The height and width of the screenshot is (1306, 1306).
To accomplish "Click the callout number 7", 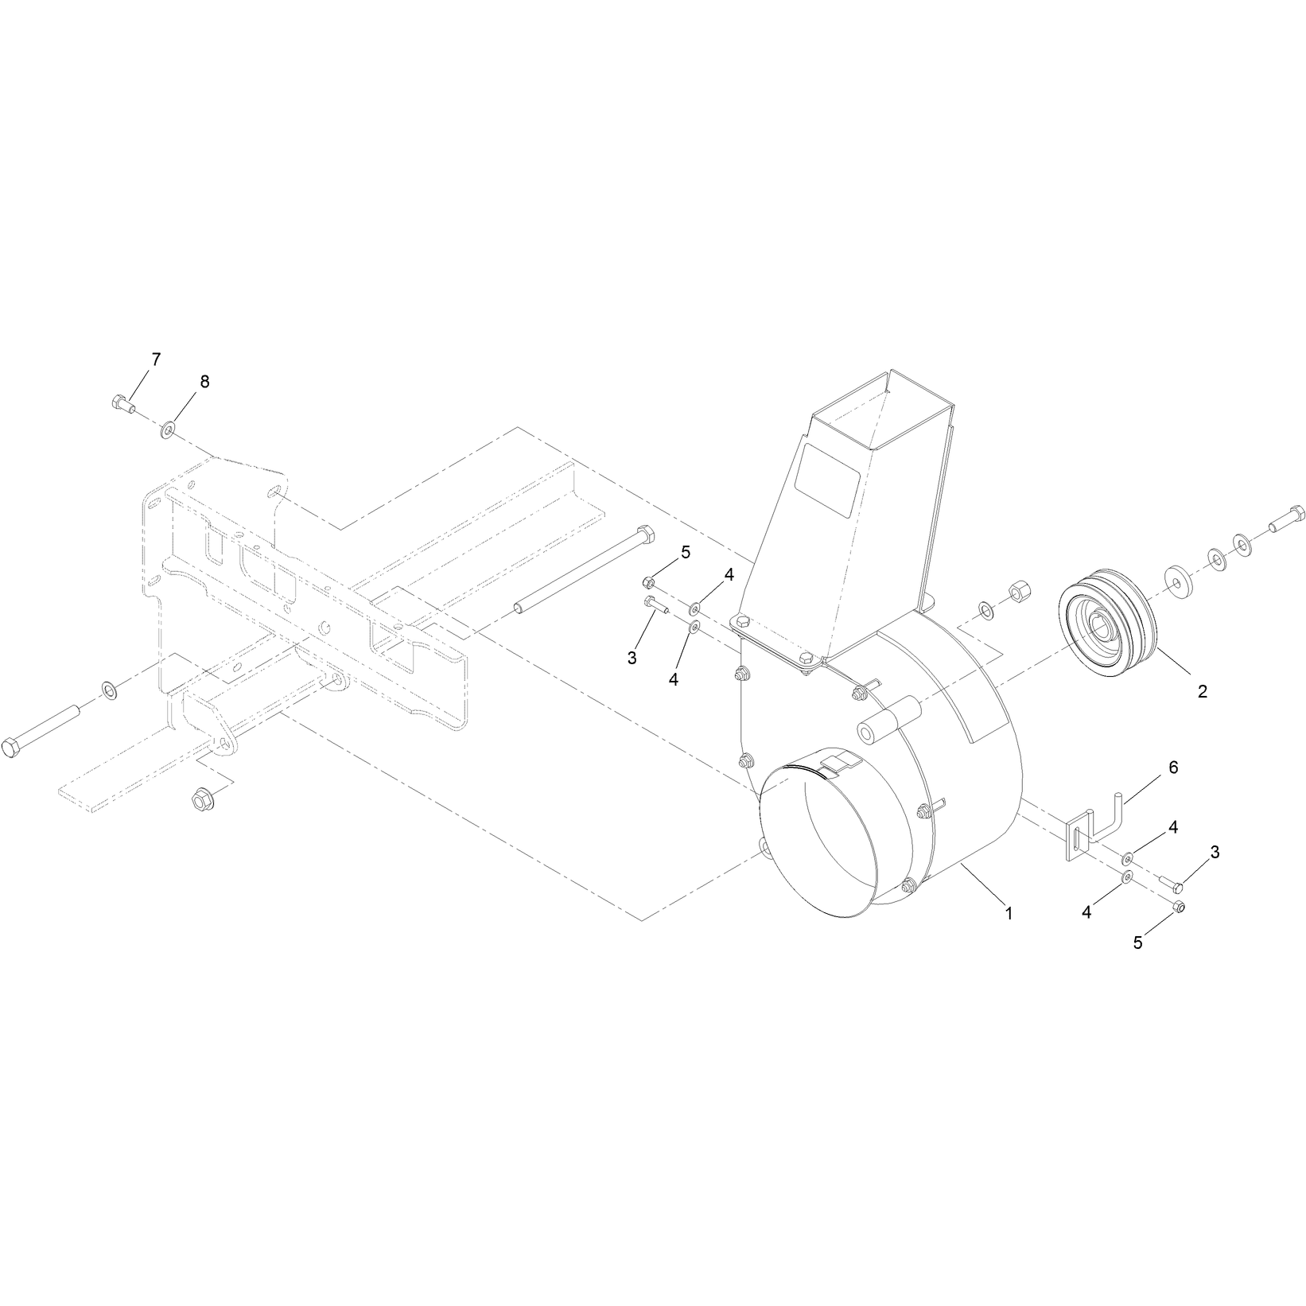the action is pos(156,360).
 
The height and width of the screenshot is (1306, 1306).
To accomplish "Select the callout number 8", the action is pos(204,382).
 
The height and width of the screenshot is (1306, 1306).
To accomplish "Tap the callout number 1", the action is pos(1009,914).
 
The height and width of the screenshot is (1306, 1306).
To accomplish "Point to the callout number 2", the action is pos(1202,691).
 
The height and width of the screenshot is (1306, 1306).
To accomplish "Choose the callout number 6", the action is pos(1173,768).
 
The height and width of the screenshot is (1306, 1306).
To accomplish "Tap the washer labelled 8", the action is pos(169,430).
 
